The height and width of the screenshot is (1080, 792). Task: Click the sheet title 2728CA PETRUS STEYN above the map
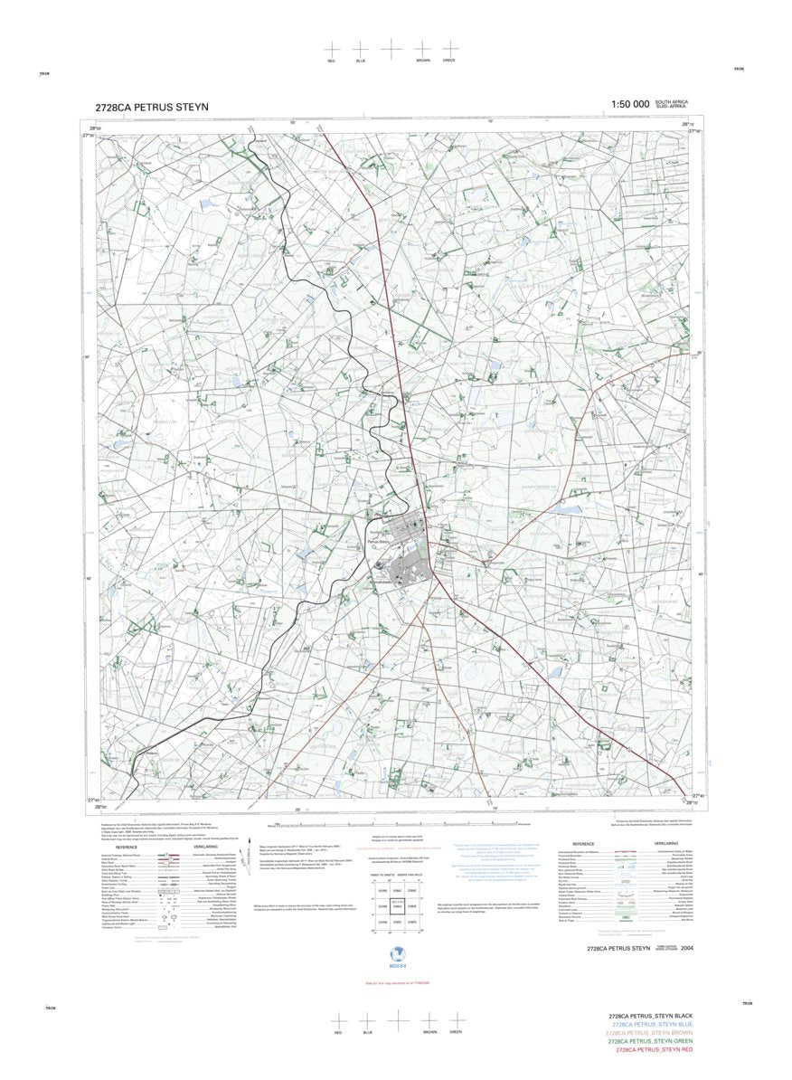point(151,107)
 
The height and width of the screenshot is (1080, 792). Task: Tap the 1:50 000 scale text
point(630,105)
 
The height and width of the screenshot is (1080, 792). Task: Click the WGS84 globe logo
point(395,955)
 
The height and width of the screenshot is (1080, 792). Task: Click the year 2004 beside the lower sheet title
point(689,948)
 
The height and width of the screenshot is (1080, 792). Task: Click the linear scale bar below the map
point(398,824)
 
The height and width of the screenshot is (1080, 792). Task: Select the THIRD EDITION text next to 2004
point(665,945)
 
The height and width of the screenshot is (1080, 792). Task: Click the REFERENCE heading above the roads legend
point(127,847)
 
